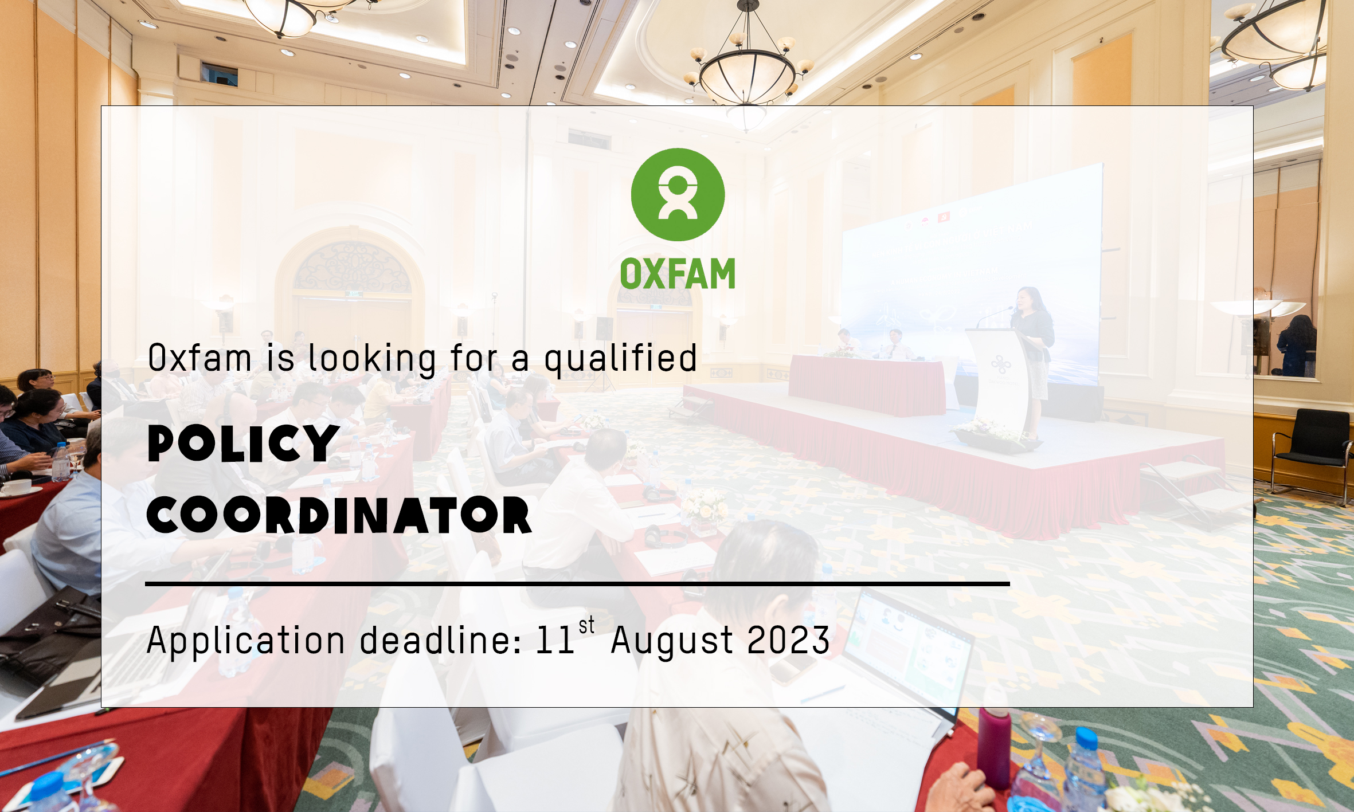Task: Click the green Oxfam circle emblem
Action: (678, 194)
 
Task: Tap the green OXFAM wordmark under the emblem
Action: (678, 274)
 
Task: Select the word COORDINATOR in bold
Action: (339, 515)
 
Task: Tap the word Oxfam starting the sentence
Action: (199, 358)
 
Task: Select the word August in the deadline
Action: (672, 641)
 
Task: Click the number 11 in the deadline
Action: (555, 640)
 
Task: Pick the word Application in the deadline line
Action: (246, 641)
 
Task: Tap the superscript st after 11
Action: (586, 625)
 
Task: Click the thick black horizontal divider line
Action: (577, 584)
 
